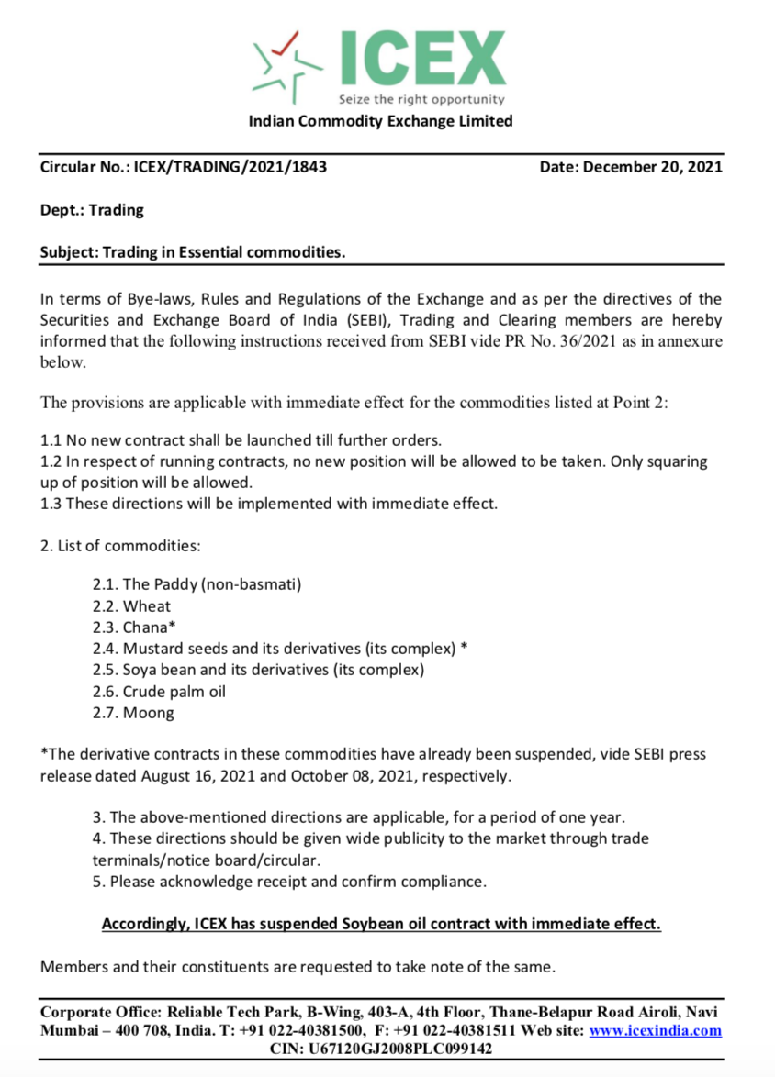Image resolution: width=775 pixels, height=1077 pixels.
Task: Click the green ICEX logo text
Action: pyautogui.click(x=421, y=57)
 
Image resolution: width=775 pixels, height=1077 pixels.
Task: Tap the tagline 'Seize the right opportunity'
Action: pyautogui.click(x=421, y=99)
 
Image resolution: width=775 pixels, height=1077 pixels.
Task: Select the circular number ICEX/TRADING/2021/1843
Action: pyautogui.click(x=230, y=167)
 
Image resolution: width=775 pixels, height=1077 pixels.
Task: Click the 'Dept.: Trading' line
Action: pyautogui.click(x=92, y=210)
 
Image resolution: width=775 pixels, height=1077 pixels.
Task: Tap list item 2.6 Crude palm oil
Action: pyautogui.click(x=159, y=691)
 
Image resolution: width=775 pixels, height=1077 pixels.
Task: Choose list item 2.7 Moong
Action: pyautogui.click(x=133, y=713)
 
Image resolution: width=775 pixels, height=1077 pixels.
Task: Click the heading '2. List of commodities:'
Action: pyautogui.click(x=120, y=546)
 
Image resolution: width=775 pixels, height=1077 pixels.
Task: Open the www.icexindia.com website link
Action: pyautogui.click(x=655, y=1030)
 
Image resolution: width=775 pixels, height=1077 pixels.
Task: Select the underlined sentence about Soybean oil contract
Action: pyautogui.click(x=381, y=924)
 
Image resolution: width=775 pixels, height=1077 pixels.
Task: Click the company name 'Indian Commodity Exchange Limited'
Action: pyautogui.click(x=381, y=121)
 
